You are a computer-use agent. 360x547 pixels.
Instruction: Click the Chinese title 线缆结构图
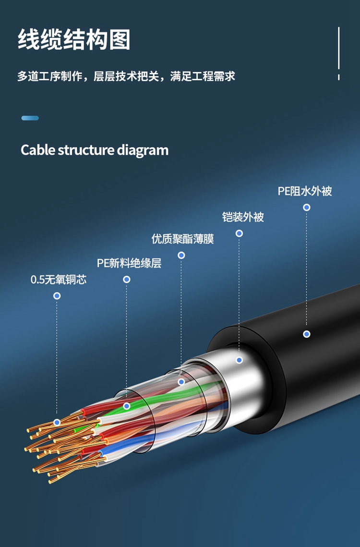tap(74, 39)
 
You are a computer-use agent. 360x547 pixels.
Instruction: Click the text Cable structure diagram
tap(95, 150)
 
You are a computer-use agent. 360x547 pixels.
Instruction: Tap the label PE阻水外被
tap(305, 191)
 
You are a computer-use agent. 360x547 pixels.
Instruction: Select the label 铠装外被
tap(243, 217)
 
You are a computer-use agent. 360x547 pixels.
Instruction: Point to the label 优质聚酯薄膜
tap(182, 239)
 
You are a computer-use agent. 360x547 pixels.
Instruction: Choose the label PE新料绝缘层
tap(129, 263)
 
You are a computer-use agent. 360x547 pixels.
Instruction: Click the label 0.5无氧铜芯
tap(59, 280)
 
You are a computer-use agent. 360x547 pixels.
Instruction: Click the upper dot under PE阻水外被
tap(307, 207)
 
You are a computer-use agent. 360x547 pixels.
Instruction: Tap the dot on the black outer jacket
tap(307, 334)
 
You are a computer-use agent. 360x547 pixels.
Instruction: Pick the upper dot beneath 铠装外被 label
tap(239, 233)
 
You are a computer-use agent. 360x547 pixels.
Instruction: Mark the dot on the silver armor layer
tap(239, 360)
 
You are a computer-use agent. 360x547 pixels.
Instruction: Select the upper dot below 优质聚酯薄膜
tap(181, 255)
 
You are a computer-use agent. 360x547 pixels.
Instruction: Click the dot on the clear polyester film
tap(181, 382)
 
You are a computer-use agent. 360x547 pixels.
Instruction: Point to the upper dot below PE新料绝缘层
tap(127, 279)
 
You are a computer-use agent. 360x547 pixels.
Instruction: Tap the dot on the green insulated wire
tap(127, 406)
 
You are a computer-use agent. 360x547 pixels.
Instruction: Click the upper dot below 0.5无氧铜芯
tap(57, 296)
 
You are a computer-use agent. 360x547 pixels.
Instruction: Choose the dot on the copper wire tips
tap(57, 422)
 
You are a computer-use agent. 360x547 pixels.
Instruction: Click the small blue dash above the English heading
tap(30, 118)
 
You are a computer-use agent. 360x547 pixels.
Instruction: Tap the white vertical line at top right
tap(339, 48)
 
